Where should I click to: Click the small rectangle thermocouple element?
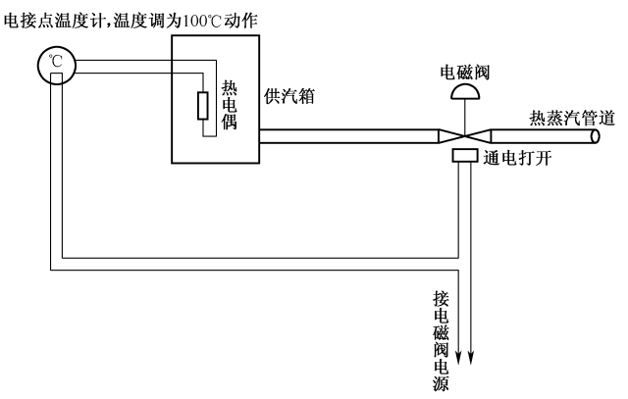(x=203, y=106)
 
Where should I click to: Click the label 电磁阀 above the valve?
(x=465, y=71)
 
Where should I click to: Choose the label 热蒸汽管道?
(x=572, y=118)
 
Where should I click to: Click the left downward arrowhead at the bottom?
(x=458, y=355)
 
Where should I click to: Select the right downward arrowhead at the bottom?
(x=474, y=355)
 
